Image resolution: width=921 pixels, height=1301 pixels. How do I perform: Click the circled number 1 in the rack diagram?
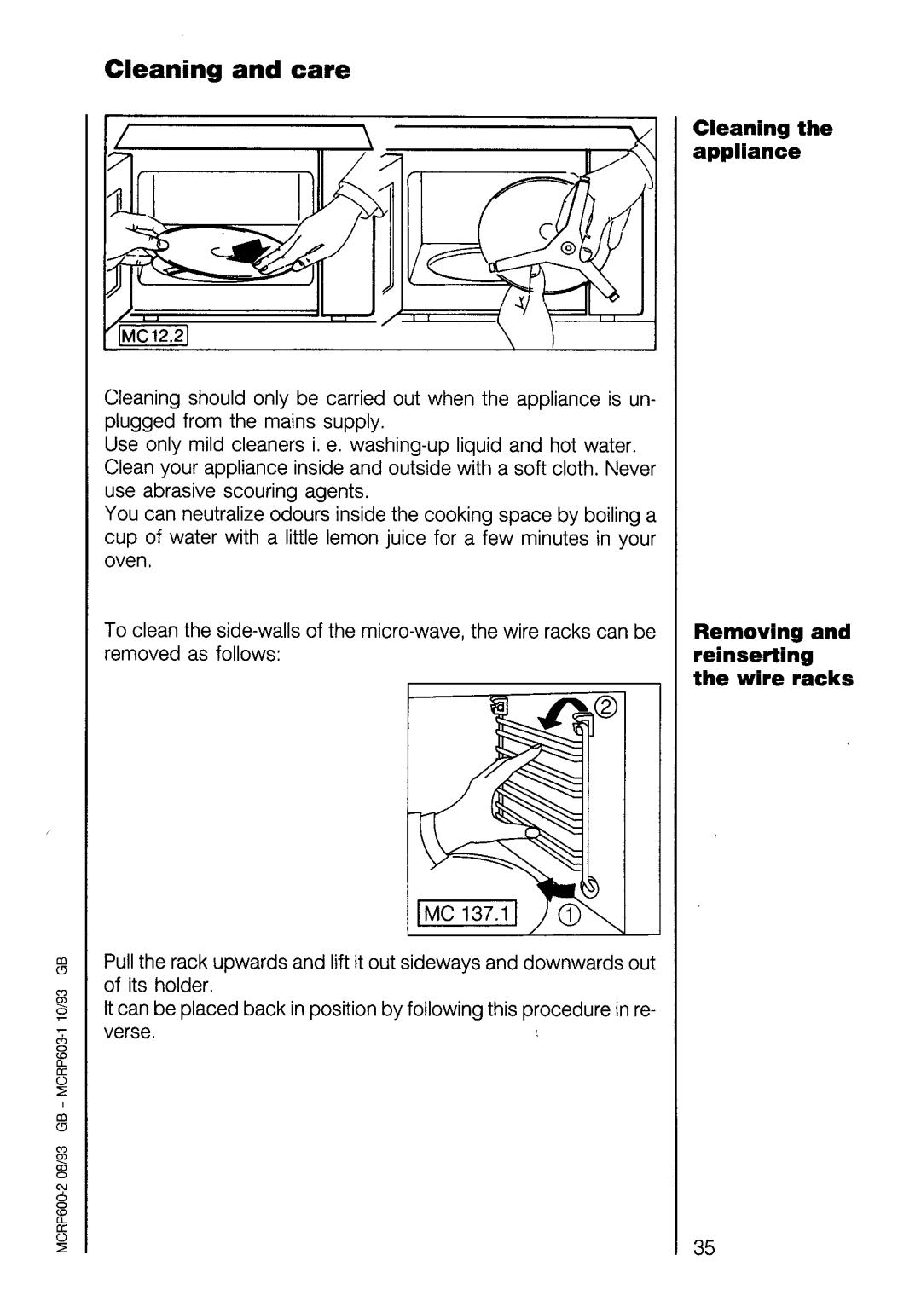click(570, 916)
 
